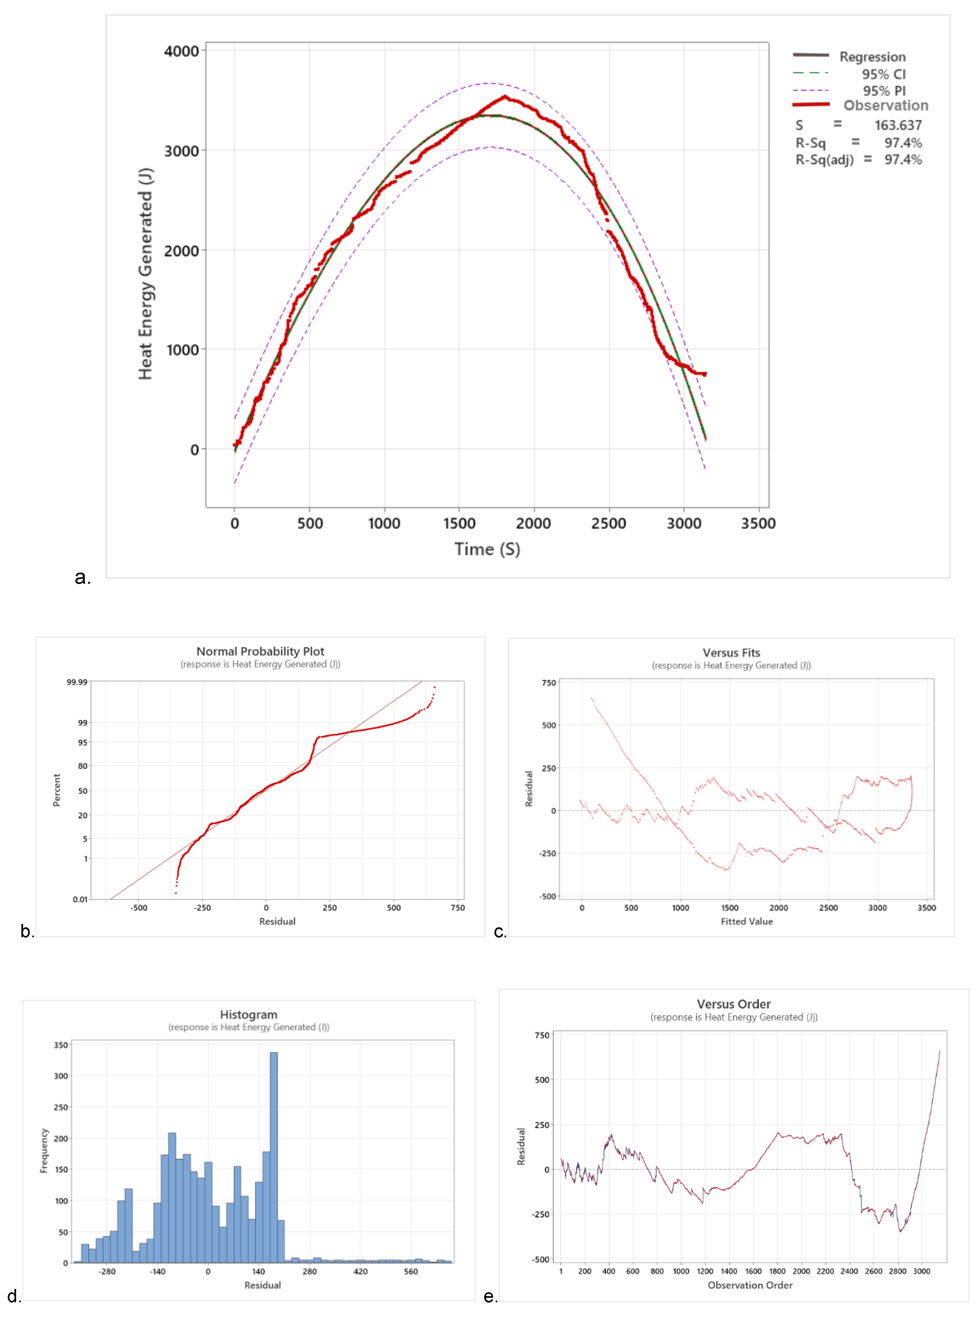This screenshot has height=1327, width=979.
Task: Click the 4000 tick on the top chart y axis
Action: tap(181, 52)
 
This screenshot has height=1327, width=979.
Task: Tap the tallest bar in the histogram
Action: tap(273, 1156)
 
